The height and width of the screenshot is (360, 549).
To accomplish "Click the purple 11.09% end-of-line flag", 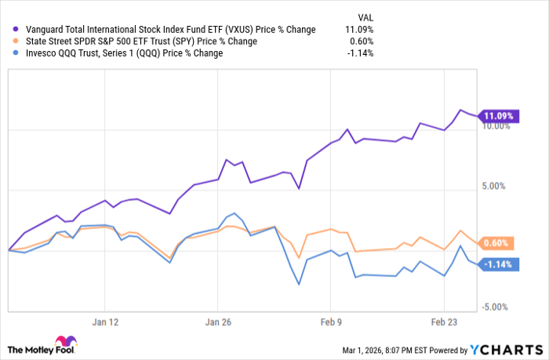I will (x=499, y=116).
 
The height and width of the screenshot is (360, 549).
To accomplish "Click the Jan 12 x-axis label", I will (x=104, y=322).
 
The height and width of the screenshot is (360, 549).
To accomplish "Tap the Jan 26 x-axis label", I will (x=217, y=322).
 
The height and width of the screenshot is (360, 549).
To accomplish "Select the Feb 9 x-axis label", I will (x=330, y=322).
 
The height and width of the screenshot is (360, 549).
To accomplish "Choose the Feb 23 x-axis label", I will (x=443, y=322).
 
